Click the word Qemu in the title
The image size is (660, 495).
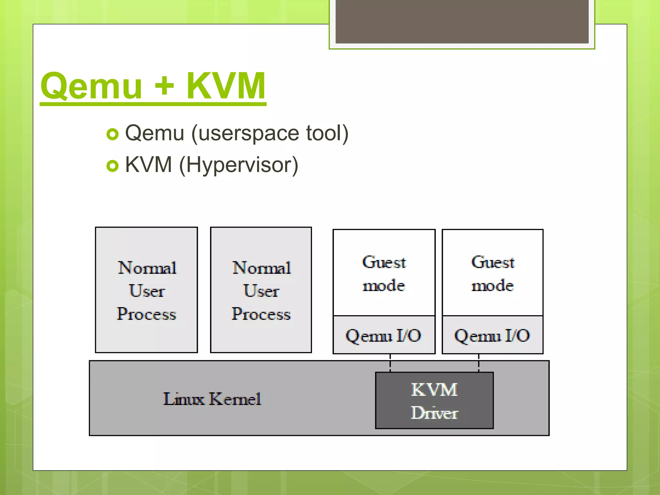[91, 86]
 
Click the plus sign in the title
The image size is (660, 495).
[164, 86]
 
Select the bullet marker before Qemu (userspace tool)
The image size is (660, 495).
[112, 134]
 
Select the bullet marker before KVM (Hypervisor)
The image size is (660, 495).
[112, 166]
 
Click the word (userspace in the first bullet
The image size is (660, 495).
[245, 133]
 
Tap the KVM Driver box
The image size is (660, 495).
[434, 401]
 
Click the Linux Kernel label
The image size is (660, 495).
[212, 399]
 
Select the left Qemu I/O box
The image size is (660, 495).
[383, 335]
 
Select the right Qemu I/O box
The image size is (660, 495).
[492, 335]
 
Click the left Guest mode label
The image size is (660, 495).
[384, 274]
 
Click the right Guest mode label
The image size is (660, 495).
[492, 274]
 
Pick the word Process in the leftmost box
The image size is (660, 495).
[146, 314]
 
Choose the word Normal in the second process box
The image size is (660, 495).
[261, 268]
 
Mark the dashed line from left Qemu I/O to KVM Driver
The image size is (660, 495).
[390, 363]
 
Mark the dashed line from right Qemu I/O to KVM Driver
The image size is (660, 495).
[479, 363]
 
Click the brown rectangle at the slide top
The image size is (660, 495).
[462, 21]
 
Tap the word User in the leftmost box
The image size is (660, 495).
[147, 291]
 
